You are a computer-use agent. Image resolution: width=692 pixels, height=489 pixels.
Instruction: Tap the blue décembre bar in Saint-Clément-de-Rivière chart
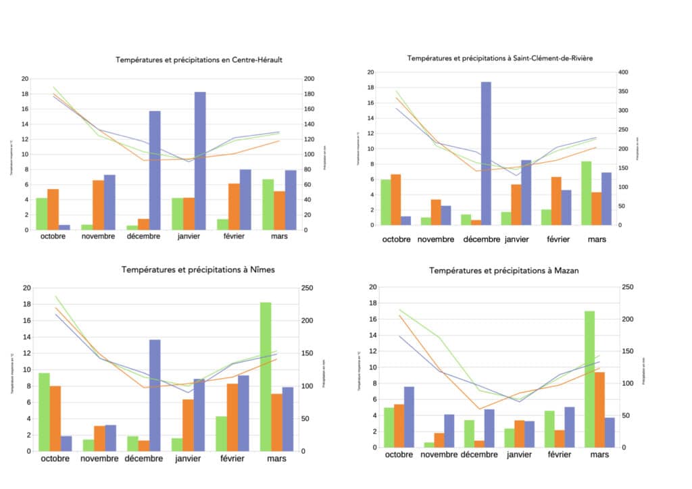click(x=485, y=153)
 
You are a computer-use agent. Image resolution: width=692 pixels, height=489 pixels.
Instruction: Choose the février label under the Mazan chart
click(x=559, y=455)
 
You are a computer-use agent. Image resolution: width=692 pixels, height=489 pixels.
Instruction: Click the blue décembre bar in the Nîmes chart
click(x=155, y=395)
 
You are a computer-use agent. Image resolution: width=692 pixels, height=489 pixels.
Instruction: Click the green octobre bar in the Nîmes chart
click(x=44, y=411)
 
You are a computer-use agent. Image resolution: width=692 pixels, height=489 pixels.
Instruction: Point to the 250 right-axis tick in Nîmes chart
click(x=307, y=288)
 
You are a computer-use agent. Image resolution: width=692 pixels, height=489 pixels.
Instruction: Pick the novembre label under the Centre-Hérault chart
click(x=99, y=236)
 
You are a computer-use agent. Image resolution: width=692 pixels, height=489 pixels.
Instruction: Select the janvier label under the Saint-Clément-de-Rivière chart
click(x=517, y=239)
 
